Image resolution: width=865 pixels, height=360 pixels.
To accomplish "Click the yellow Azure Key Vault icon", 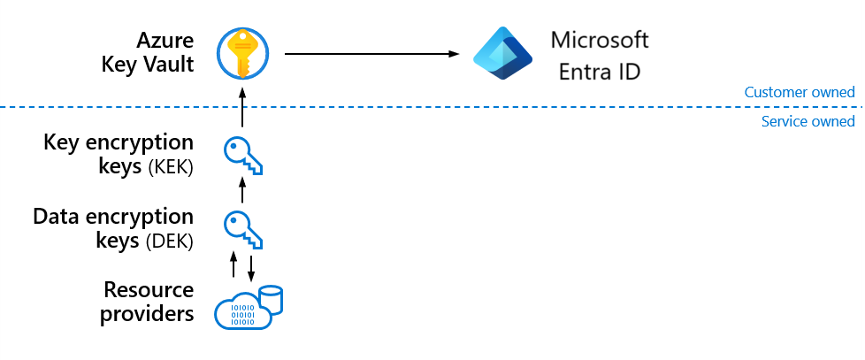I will click(x=242, y=53).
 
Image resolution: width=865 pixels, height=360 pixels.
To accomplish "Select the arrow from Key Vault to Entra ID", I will click(x=371, y=54).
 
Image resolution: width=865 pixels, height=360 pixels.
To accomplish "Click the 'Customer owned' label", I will click(x=800, y=92).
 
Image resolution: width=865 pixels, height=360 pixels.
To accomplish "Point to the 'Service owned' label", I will click(x=808, y=121).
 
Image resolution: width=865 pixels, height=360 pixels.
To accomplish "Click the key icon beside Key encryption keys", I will click(x=243, y=156).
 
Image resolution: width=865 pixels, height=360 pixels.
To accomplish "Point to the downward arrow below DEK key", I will click(x=251, y=268).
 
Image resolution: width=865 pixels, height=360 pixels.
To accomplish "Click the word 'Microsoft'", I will click(x=600, y=41).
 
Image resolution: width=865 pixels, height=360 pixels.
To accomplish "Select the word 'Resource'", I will click(x=149, y=290).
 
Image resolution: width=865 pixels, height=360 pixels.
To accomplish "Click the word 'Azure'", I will click(x=165, y=41).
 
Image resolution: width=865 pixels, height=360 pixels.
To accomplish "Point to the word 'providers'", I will click(x=147, y=314).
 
